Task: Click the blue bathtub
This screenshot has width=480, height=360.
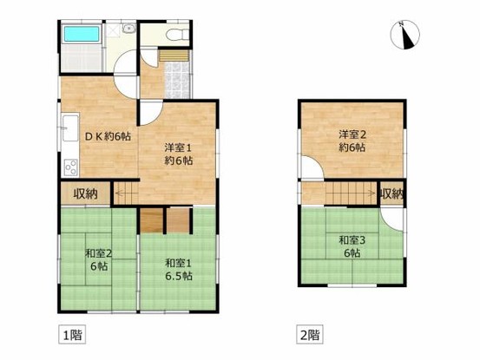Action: coord(82,37)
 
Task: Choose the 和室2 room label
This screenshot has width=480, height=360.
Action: coord(97,260)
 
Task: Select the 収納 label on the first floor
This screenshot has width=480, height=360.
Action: coord(85,193)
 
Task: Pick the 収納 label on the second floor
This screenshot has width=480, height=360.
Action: coord(391,193)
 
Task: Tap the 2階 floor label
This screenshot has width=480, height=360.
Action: coord(309,333)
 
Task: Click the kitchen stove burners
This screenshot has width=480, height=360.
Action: coord(69,166)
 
